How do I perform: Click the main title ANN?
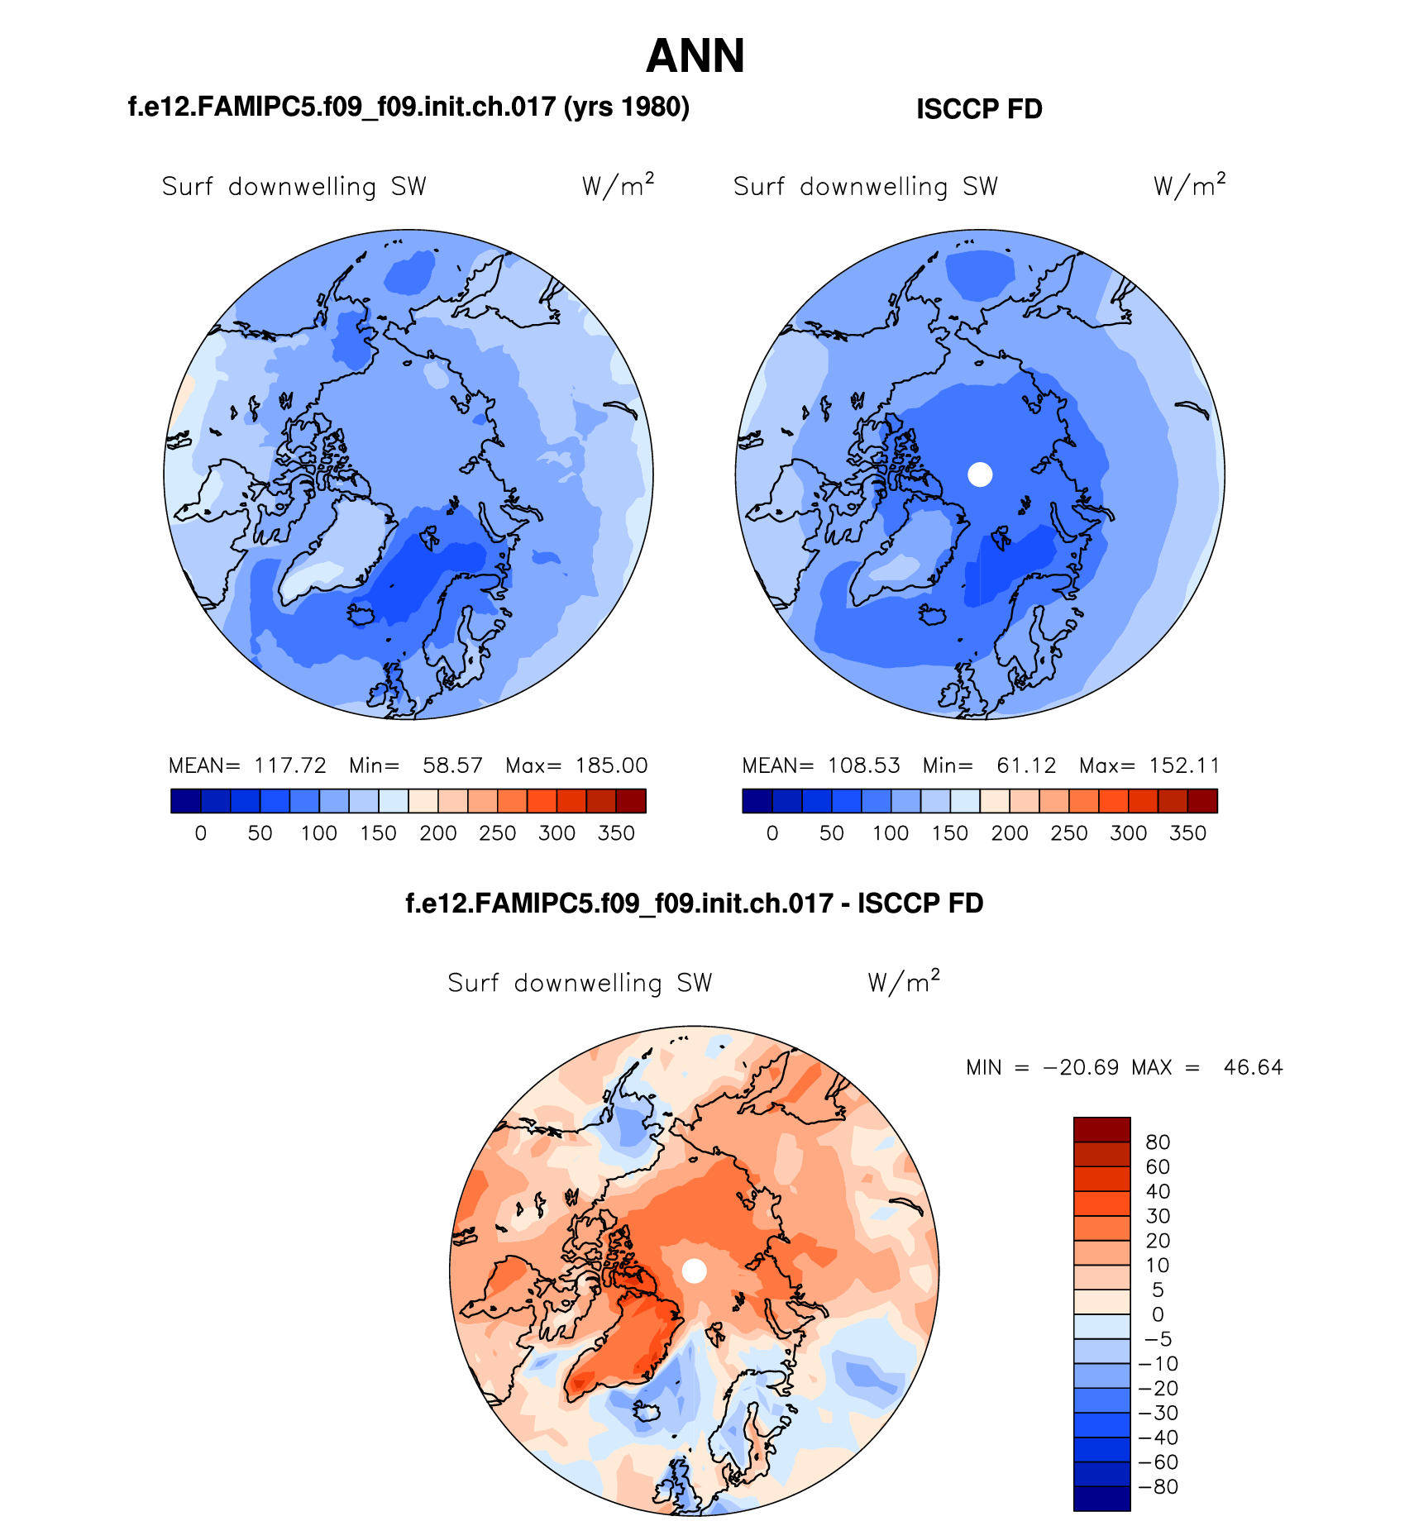[x=695, y=56]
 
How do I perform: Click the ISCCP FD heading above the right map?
[x=979, y=109]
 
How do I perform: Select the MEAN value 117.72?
[x=290, y=765]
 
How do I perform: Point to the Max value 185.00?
[x=611, y=765]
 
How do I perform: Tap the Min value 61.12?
[x=1026, y=765]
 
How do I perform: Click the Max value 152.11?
[x=1184, y=765]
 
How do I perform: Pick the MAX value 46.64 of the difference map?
[x=1253, y=1067]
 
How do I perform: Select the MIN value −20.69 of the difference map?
[x=1082, y=1067]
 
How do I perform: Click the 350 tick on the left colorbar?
[x=616, y=833]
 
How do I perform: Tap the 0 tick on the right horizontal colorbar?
[x=772, y=833]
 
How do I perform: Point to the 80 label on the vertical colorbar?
[x=1158, y=1142]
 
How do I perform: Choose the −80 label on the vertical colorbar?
[x=1158, y=1486]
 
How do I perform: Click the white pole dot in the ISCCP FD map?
[x=980, y=474]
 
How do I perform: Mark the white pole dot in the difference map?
[x=695, y=1271]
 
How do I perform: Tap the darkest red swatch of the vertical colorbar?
[x=1101, y=1129]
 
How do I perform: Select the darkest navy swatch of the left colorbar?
[x=186, y=801]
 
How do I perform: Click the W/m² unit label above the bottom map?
[x=904, y=982]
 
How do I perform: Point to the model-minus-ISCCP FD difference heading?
[x=695, y=904]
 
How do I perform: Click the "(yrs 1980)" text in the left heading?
[x=626, y=107]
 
